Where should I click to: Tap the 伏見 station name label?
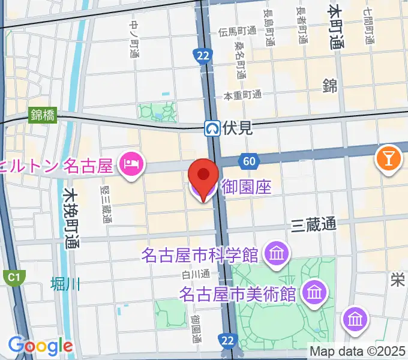click(x=237, y=127)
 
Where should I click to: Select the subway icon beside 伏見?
click(x=212, y=127)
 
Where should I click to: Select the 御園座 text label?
click(x=247, y=187)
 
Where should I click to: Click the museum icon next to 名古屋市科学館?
click(x=277, y=254)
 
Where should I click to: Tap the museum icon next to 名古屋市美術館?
click(x=314, y=294)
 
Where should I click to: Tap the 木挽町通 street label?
click(x=71, y=218)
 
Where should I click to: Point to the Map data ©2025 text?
click(x=358, y=350)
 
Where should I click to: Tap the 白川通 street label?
click(x=196, y=274)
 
